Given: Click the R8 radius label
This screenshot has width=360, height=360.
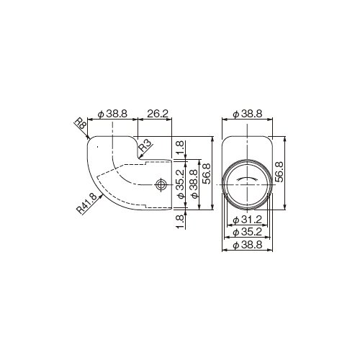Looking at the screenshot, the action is point(80,124).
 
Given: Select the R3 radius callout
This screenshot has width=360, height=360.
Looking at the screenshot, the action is point(146,145).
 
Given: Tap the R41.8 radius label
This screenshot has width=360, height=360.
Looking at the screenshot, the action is point(86,203).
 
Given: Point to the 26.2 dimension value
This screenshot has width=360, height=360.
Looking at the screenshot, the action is point(158,114).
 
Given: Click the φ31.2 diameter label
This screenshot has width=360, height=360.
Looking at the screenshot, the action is point(247,220).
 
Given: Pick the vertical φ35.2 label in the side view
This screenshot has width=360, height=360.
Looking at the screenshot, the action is point(181,184).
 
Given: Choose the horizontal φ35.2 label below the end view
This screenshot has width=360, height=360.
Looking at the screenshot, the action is point(247,232).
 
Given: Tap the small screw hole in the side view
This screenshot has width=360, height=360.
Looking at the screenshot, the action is point(161,184).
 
